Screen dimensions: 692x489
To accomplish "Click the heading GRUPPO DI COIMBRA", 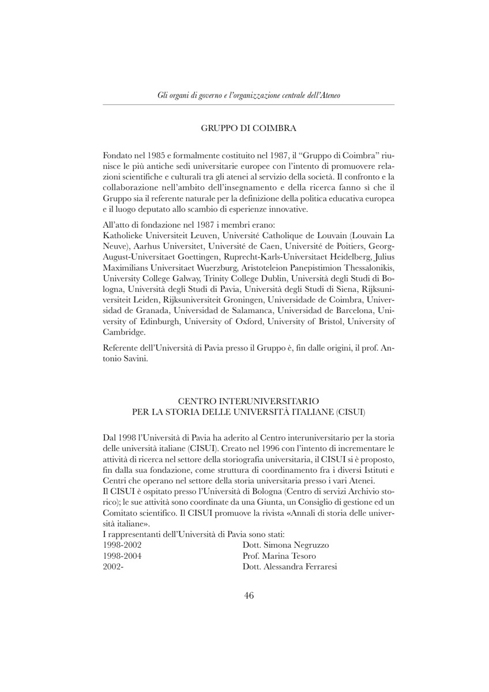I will click(249, 128).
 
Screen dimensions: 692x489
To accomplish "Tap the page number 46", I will click(249, 596).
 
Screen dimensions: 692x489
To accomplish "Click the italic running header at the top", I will click(249, 95).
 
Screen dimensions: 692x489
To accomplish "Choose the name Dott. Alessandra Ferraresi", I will click(290, 567).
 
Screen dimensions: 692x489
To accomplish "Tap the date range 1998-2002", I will click(122, 544).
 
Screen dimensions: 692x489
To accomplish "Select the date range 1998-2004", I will click(122, 556).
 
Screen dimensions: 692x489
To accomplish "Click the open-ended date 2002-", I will click(114, 567).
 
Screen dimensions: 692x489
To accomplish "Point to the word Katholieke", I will click(123, 235).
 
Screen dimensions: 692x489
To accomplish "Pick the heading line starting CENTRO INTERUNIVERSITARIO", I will click(249, 401).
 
